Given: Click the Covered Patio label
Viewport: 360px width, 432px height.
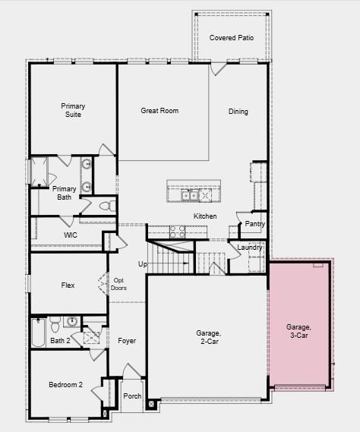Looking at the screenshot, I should (x=232, y=38).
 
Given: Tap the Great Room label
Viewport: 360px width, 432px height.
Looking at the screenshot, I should (x=159, y=111).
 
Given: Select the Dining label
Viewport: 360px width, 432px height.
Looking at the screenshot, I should (x=238, y=112).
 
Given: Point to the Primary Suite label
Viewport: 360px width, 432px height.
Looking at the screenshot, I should (x=74, y=111).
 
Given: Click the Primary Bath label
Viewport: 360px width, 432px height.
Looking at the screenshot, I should (x=65, y=193).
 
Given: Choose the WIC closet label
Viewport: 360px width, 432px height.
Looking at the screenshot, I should (x=71, y=235).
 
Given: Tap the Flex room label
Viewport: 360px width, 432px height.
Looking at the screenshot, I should (x=68, y=285).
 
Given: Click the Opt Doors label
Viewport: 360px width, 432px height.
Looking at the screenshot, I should (x=119, y=283).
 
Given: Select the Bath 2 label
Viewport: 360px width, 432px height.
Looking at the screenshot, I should (x=60, y=341).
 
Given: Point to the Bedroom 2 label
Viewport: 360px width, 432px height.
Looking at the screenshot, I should (x=65, y=385).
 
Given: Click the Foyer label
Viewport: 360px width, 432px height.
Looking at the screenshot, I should (x=127, y=341).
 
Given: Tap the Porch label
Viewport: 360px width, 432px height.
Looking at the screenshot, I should (x=132, y=396).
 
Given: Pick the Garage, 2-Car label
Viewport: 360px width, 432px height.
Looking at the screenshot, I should (x=208, y=336).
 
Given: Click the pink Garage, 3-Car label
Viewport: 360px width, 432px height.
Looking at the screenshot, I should (x=298, y=331).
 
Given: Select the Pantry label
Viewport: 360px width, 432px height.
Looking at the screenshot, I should (x=254, y=224).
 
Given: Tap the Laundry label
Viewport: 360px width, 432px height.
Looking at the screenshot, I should (x=249, y=248).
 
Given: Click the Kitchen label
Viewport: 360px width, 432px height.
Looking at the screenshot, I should (x=205, y=216).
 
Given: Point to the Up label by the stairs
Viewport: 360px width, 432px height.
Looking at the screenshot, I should (x=142, y=264).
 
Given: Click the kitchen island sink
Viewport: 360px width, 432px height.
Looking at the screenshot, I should (x=191, y=196).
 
